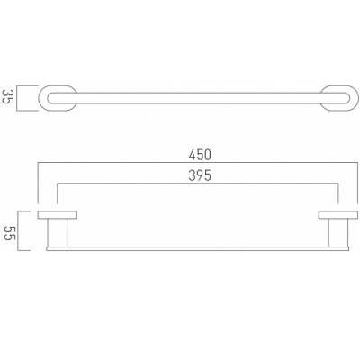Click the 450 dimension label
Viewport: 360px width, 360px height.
coord(200,155)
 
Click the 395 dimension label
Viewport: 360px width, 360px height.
coord(200,175)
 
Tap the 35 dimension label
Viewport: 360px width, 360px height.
coord(7,96)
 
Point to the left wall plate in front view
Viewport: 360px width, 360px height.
coord(58,214)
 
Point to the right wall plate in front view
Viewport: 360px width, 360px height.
coord(338,214)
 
